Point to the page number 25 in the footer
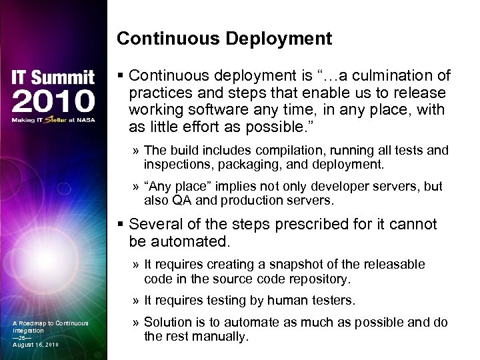pos(23,337)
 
